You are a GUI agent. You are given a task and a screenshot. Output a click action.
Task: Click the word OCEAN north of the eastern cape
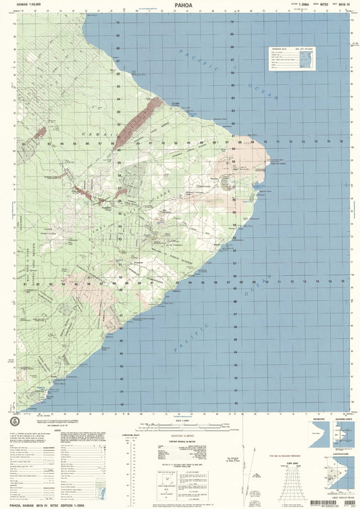(263, 91)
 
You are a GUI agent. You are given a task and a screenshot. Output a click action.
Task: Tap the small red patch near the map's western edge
(39, 134)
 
